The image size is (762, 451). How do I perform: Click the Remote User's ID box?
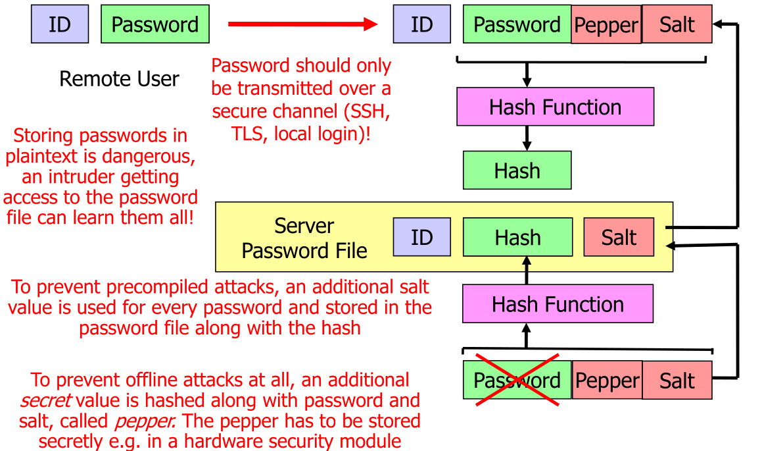coord(60,24)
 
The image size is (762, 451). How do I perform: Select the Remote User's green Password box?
coord(155,24)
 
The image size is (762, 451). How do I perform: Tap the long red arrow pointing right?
coord(303,24)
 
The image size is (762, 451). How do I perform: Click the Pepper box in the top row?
coord(606,25)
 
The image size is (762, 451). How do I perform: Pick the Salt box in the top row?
coord(677,24)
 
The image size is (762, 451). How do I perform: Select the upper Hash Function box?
coord(555,107)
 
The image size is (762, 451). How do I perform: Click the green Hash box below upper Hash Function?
coord(517,171)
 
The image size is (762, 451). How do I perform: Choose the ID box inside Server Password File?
coord(421,237)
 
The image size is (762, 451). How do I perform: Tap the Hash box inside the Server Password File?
coord(517,237)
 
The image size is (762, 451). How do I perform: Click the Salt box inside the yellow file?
coord(619,237)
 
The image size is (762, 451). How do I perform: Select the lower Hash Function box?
coord(558,304)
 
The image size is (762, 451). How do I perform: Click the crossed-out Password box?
coord(517,380)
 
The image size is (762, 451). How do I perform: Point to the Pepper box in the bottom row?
coord(607,380)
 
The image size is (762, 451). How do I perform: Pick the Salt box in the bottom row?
coord(677,380)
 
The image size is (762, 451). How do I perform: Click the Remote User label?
coord(119,79)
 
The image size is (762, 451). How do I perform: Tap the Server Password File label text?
coord(304,238)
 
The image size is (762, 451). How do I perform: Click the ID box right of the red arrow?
coord(421,24)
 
